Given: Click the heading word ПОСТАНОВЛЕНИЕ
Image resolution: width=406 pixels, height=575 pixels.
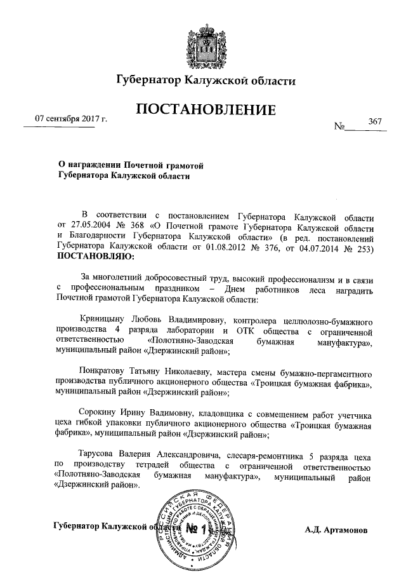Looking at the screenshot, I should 206,110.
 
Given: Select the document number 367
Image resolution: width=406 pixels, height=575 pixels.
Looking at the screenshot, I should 373,121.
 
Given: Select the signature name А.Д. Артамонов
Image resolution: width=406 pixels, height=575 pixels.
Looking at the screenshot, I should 339,529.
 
